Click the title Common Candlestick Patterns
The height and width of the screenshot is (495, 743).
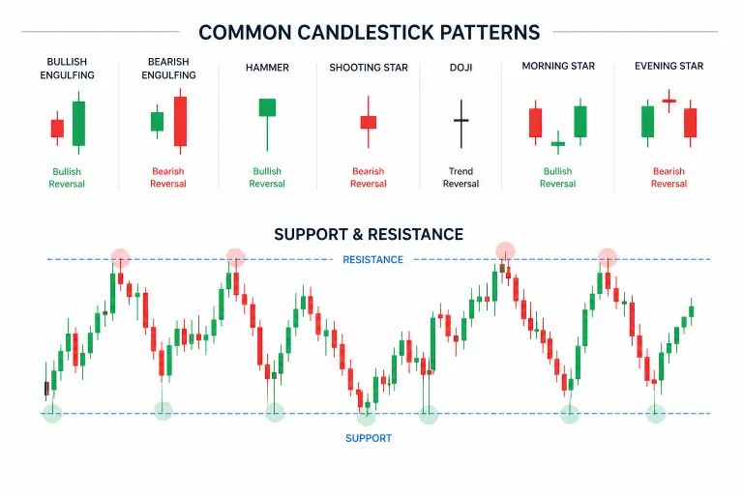(369, 32)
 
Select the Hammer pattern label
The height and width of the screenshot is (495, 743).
(266, 68)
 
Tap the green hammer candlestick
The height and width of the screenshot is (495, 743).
(267, 107)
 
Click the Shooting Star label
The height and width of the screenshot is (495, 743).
(368, 68)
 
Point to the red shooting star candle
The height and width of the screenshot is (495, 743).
(368, 123)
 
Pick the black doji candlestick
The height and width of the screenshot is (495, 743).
(461, 121)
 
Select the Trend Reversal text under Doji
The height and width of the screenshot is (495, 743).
(461, 178)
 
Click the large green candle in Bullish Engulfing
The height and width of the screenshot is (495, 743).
(78, 123)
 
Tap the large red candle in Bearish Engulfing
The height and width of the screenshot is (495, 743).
(180, 121)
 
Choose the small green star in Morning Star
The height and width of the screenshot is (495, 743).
(557, 145)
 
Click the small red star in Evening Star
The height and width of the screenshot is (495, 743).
(669, 100)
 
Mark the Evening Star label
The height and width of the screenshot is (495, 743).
(669, 67)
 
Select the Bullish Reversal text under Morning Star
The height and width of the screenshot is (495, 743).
(557, 178)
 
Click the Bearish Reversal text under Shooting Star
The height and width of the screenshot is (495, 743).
(368, 178)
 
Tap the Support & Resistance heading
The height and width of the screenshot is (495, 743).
(369, 234)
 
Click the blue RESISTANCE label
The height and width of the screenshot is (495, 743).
(372, 259)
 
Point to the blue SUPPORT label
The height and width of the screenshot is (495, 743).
(369, 438)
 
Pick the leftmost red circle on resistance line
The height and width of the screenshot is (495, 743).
(119, 257)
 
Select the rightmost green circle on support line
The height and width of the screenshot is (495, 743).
(655, 414)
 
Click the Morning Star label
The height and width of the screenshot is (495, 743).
(557, 67)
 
